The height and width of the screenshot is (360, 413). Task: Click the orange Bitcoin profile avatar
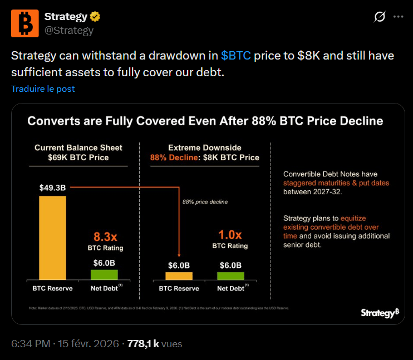(x=24, y=23)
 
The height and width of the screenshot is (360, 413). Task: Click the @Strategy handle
(x=68, y=30)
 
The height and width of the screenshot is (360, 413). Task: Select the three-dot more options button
(x=398, y=17)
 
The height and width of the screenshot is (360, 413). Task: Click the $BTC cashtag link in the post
(x=236, y=56)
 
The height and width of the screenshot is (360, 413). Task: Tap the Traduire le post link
(x=43, y=88)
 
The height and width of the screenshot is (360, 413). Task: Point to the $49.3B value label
(x=52, y=188)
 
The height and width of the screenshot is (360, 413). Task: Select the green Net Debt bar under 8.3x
(x=105, y=274)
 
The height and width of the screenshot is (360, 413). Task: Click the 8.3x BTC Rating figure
(x=105, y=236)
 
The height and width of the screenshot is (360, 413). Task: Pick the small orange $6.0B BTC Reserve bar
(x=179, y=275)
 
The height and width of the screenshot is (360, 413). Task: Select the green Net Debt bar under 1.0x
(x=230, y=275)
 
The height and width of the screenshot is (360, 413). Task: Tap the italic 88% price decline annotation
(x=205, y=201)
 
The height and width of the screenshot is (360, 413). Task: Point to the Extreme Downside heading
(x=205, y=147)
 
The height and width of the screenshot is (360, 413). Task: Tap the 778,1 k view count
(x=144, y=344)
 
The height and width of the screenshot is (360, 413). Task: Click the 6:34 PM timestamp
(x=31, y=344)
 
